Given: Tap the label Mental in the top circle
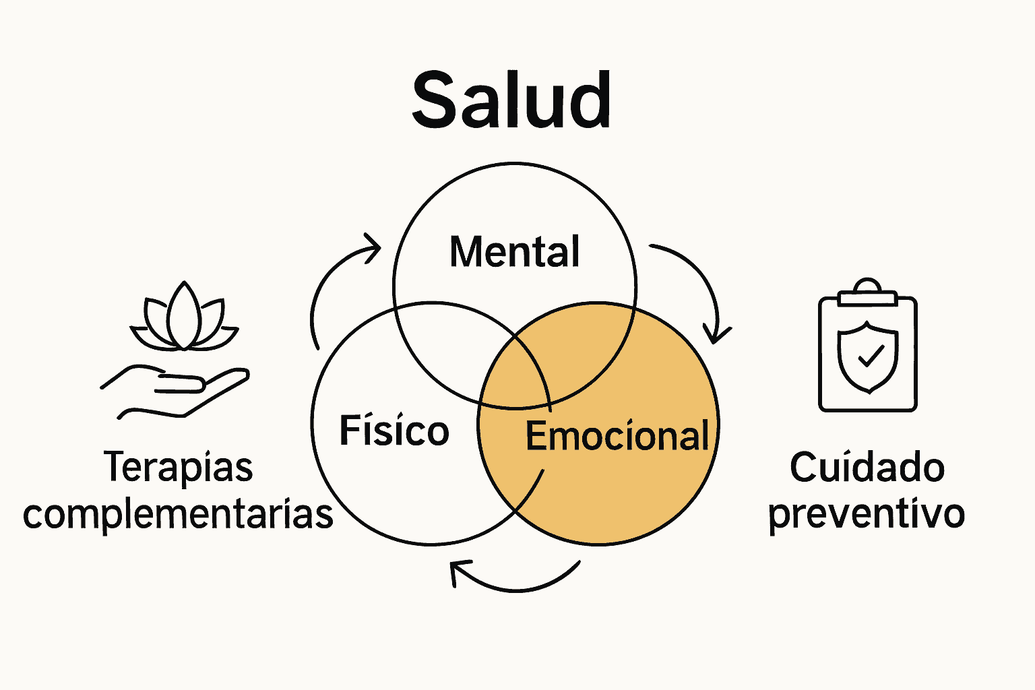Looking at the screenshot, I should tap(514, 252).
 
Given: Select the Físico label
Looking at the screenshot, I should tap(394, 431).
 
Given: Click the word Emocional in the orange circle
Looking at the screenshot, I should tap(617, 435).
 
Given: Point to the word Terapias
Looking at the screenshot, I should tap(179, 467).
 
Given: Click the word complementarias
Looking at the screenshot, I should tap(178, 514).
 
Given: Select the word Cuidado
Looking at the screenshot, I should tap(867, 468).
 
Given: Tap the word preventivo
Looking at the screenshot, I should tap(867, 514).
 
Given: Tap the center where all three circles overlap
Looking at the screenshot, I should tap(515, 374).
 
